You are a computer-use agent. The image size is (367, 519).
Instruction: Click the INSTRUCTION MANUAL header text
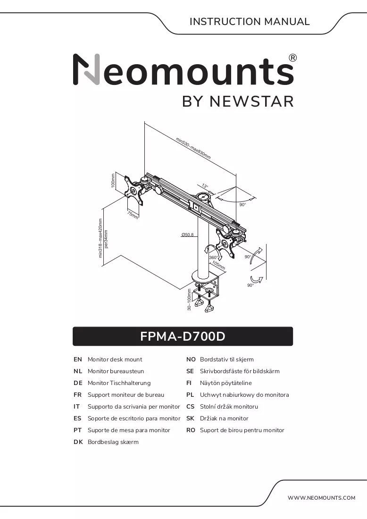250,22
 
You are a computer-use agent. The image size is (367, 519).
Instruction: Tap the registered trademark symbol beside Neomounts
293,58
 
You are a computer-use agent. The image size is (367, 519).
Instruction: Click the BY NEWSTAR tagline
238,101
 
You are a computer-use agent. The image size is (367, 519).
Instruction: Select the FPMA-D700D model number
183,336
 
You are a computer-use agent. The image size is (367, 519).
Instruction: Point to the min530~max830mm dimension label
193,148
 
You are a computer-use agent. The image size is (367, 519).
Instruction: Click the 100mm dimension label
113,180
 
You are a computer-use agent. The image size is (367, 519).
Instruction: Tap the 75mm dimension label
133,215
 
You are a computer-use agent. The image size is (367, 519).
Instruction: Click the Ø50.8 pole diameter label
187,234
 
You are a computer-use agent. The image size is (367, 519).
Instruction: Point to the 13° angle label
205,186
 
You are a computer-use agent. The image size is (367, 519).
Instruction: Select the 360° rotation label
213,257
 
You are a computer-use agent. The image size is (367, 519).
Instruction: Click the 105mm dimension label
219,265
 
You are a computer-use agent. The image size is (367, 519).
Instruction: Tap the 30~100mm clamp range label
189,300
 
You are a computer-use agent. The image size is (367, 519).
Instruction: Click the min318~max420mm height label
100,237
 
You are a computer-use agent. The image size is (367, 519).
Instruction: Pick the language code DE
78,383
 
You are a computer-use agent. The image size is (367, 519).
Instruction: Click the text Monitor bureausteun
116,371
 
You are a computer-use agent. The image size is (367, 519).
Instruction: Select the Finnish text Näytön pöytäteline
225,383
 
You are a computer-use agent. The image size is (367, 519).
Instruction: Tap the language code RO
191,430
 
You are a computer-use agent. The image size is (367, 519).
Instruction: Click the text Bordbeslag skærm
113,442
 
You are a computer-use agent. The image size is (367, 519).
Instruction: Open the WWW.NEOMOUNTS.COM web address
321,497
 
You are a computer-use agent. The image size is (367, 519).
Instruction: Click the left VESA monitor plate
133,191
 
